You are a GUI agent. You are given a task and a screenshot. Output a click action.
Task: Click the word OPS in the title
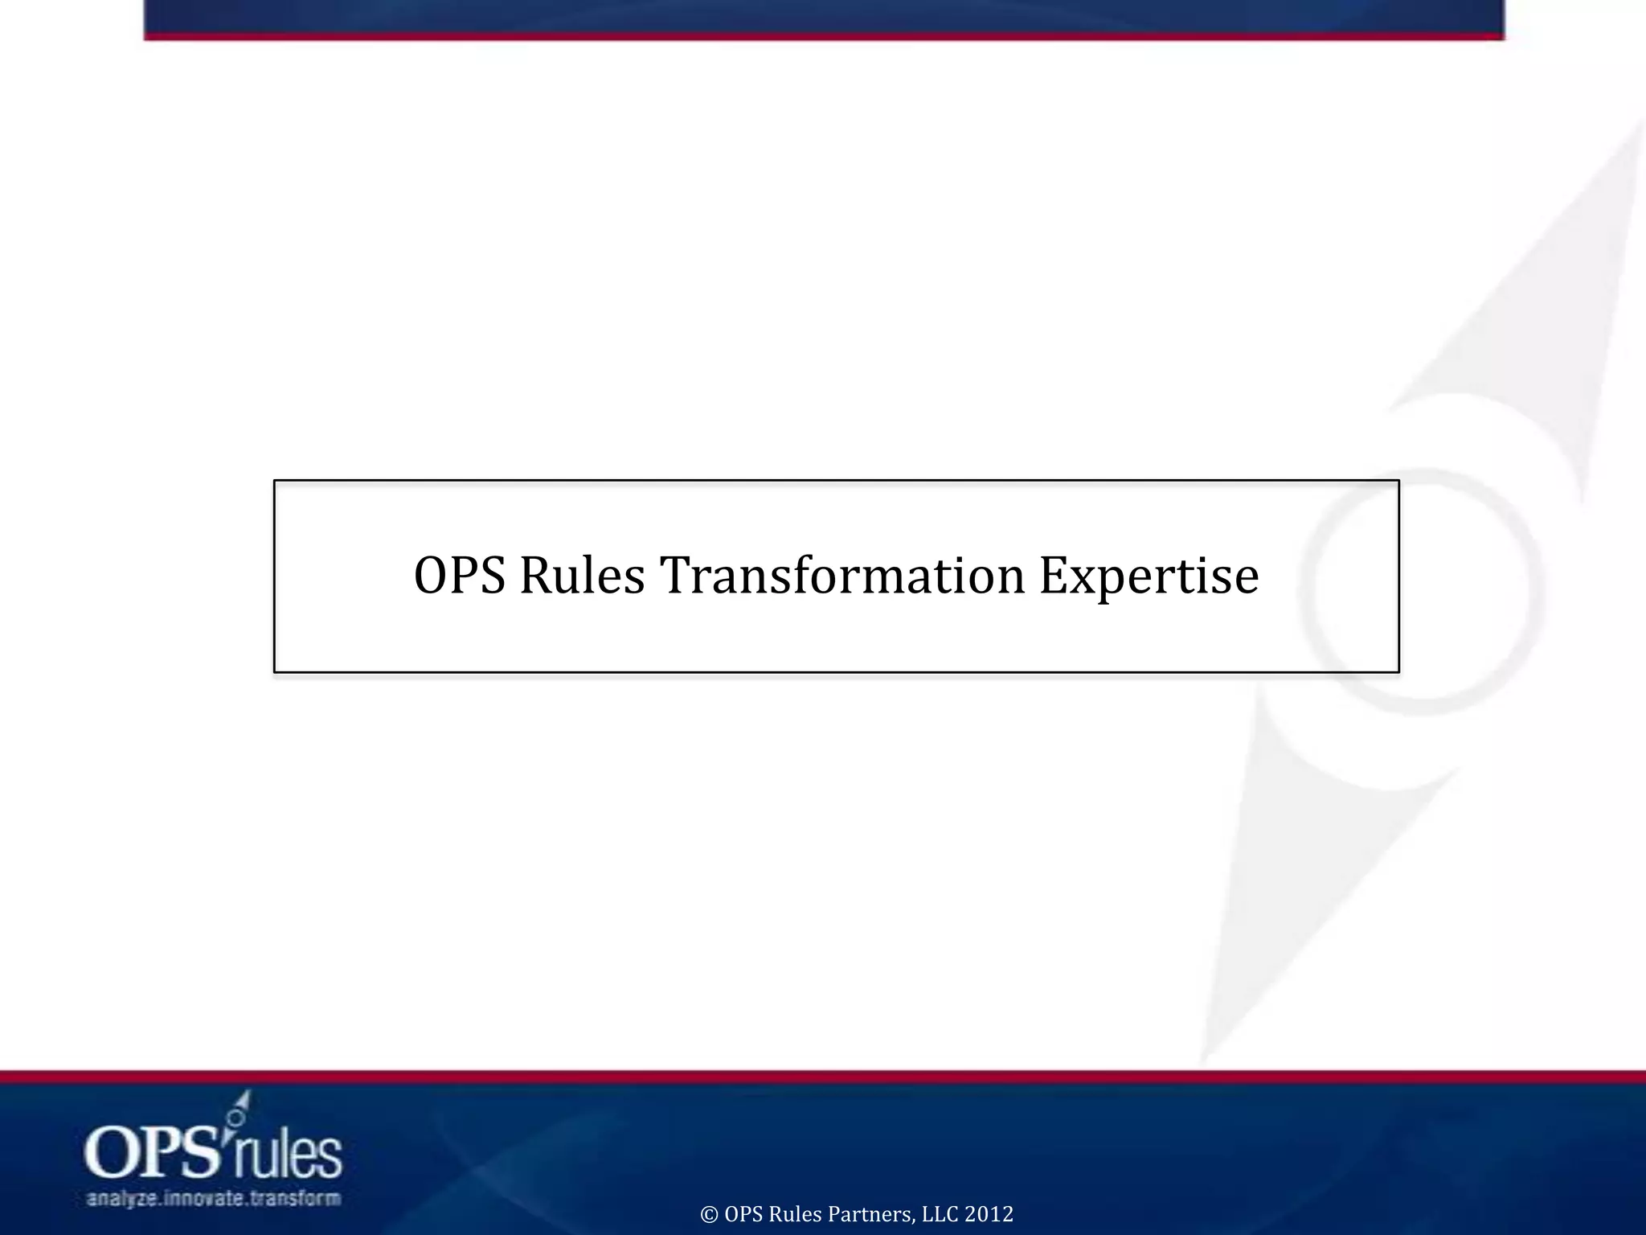tap(459, 576)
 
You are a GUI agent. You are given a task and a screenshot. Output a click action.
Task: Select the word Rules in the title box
tap(582, 576)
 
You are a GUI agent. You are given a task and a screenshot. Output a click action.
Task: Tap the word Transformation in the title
tap(842, 576)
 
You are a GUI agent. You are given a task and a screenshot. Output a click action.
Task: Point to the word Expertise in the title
tap(1149, 576)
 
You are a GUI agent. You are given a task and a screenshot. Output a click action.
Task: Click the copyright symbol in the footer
tap(709, 1214)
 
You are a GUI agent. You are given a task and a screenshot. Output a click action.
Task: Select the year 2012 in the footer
tap(989, 1214)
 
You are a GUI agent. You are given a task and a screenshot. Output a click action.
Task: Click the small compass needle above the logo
tap(240, 1108)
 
